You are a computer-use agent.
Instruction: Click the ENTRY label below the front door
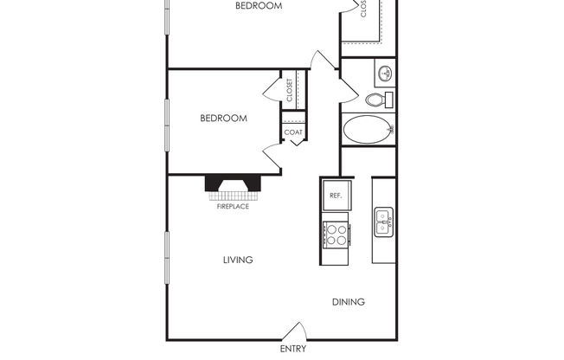(292, 350)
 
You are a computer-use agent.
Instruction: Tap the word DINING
(349, 302)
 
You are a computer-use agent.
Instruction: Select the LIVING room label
(238, 260)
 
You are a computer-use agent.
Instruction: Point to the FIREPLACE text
(233, 207)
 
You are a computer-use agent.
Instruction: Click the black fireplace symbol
(233, 183)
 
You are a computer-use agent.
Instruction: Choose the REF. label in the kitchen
(336, 196)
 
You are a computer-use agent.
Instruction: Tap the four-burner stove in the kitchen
(336, 234)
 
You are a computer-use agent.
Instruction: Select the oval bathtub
(368, 131)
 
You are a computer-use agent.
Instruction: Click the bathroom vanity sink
(384, 72)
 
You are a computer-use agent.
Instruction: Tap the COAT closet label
(293, 132)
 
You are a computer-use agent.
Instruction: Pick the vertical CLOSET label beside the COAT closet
(290, 90)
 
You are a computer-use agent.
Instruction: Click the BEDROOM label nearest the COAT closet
(224, 119)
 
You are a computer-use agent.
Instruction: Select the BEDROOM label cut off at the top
(259, 6)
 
